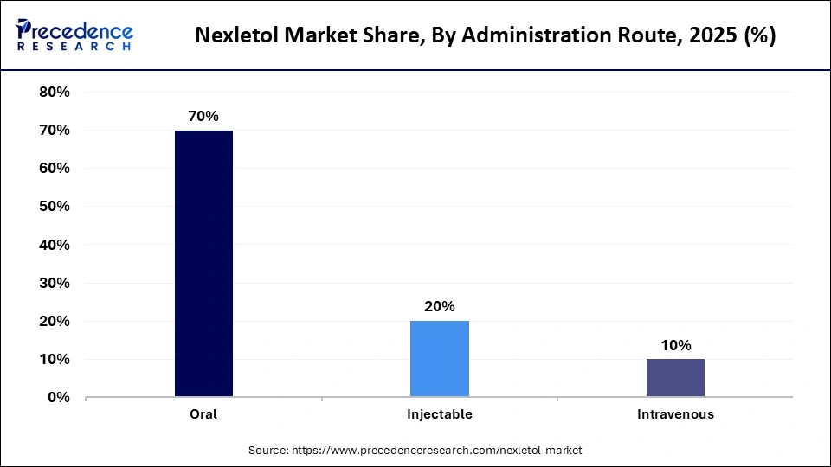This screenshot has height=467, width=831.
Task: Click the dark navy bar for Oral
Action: (x=203, y=264)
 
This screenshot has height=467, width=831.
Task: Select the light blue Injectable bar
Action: (x=439, y=359)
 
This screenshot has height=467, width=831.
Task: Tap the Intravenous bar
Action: (x=675, y=378)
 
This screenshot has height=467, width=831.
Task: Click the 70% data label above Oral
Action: (x=203, y=115)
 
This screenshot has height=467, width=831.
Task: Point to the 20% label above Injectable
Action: (x=439, y=306)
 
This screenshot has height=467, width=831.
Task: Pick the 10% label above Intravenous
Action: (x=675, y=345)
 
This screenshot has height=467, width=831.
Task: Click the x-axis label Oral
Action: (x=203, y=414)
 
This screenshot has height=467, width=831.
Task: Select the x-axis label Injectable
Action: (x=439, y=414)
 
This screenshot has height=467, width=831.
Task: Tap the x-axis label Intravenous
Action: (x=675, y=414)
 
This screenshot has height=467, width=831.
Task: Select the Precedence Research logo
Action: (x=74, y=35)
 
